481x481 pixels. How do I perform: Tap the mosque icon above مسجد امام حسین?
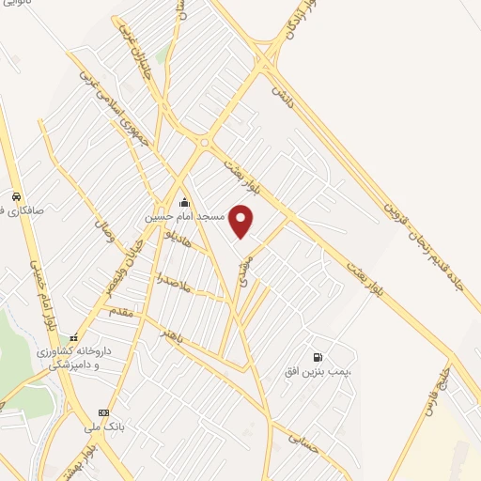[x=184, y=202]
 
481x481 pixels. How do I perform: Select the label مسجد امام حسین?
[x=184, y=216]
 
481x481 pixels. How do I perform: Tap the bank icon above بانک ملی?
[x=103, y=412]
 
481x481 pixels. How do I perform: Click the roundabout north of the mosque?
[x=204, y=143]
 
